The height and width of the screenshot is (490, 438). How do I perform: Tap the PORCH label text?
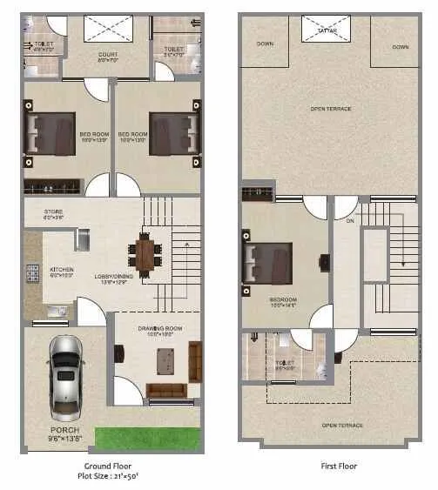64,430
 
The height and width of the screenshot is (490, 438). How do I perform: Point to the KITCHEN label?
61,270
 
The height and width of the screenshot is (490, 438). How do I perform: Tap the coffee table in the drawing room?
164,359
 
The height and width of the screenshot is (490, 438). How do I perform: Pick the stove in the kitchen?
33,274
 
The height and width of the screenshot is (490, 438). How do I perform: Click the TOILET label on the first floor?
285,364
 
